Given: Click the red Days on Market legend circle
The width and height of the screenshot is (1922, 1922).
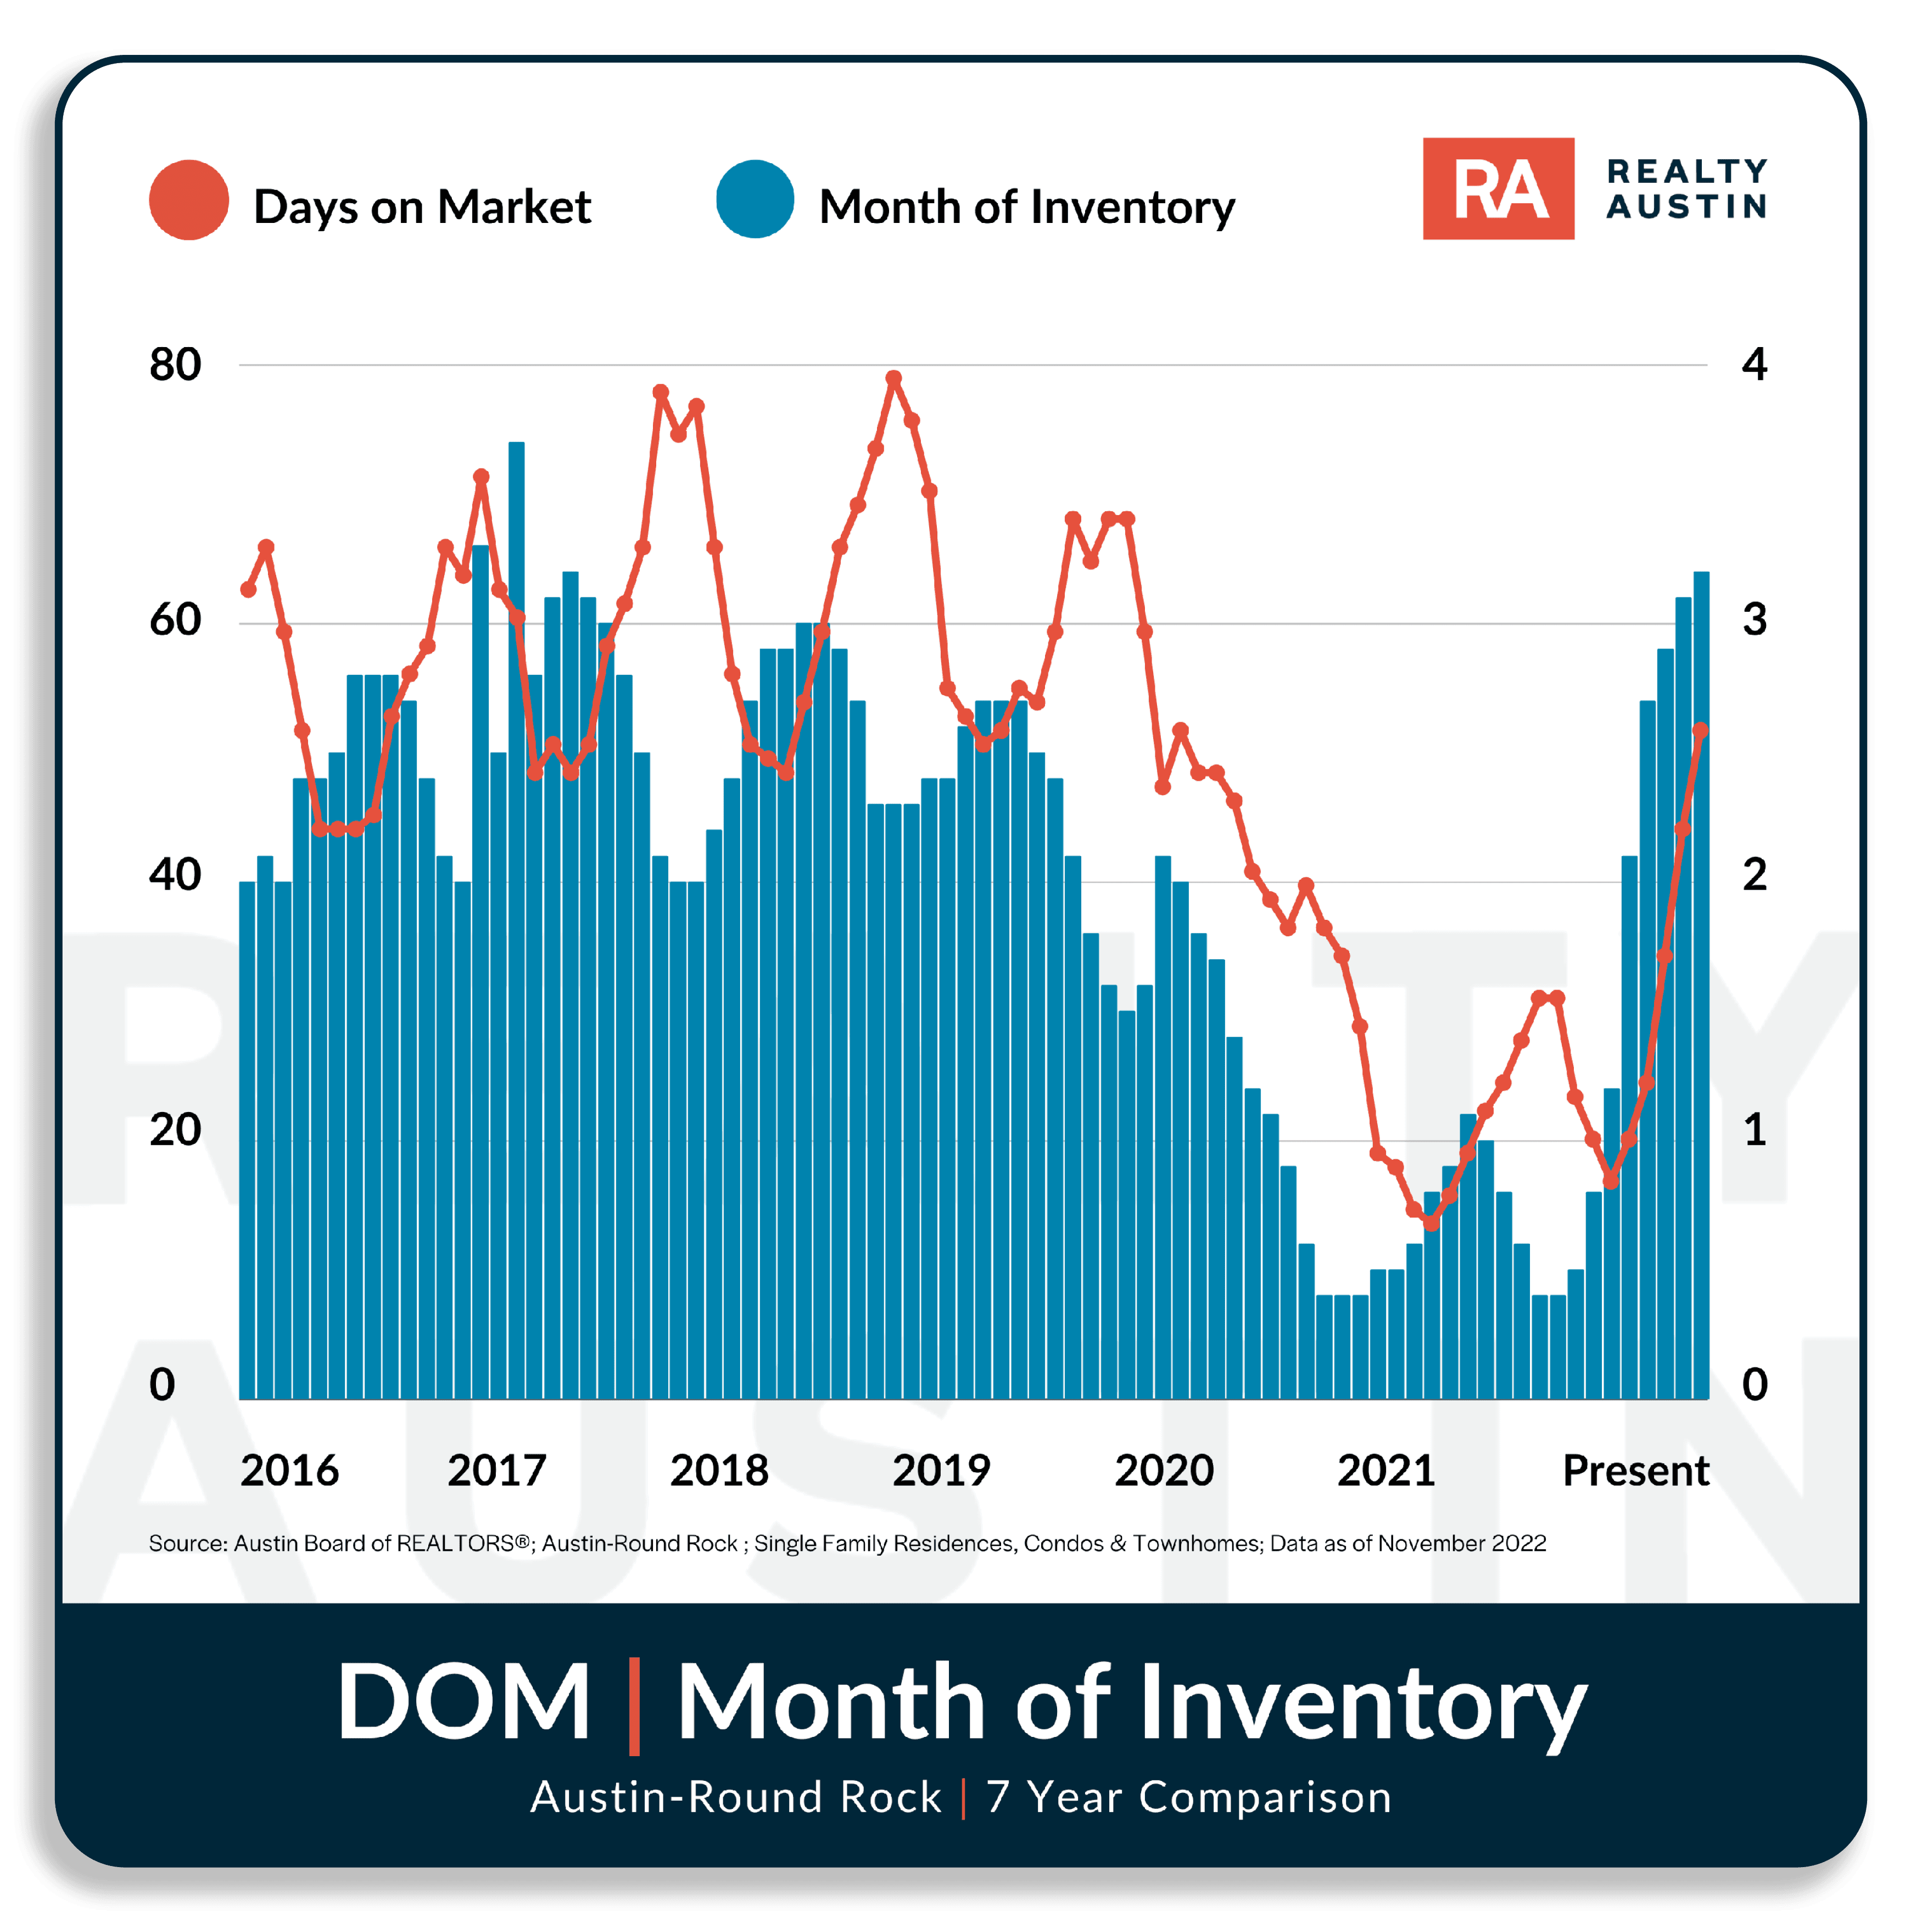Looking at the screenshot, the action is [189, 200].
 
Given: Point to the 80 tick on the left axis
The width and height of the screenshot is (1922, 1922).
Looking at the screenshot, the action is [175, 365].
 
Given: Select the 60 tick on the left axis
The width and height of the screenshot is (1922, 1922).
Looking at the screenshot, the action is [175, 620].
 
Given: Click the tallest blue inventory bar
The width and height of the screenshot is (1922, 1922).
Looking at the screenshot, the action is [516, 920].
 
